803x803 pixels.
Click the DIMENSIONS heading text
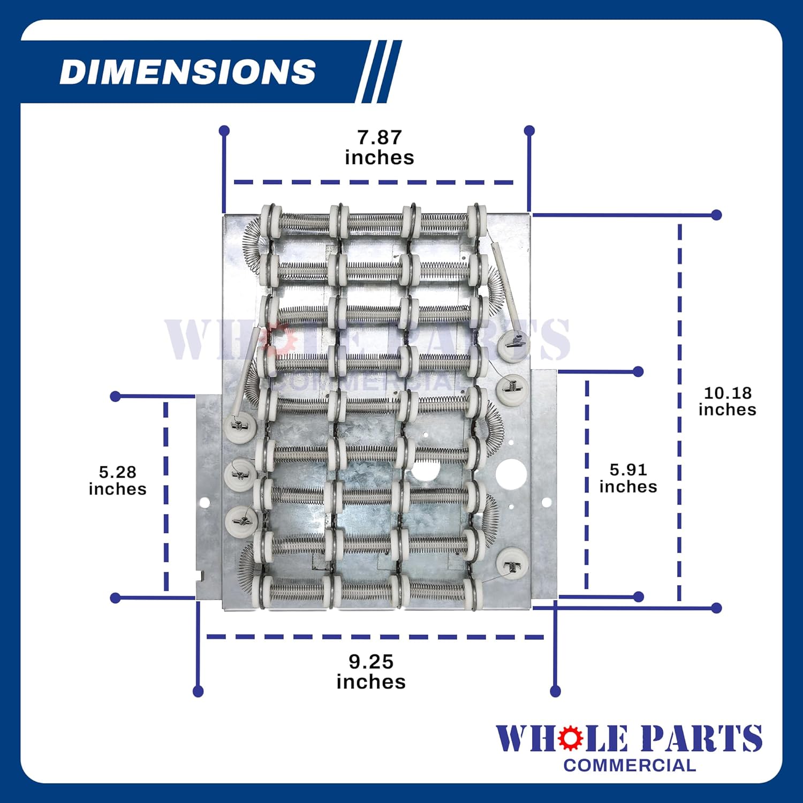click(x=187, y=72)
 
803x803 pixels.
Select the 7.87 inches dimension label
click(x=380, y=147)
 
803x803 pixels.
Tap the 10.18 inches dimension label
click(x=727, y=401)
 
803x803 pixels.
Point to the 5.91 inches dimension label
click(x=628, y=478)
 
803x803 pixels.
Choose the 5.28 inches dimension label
click(x=117, y=480)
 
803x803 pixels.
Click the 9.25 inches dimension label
click(x=371, y=671)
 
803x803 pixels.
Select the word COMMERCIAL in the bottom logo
click(x=630, y=766)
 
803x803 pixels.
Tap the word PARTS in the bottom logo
click(x=702, y=739)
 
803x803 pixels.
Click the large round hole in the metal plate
click(x=511, y=474)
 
